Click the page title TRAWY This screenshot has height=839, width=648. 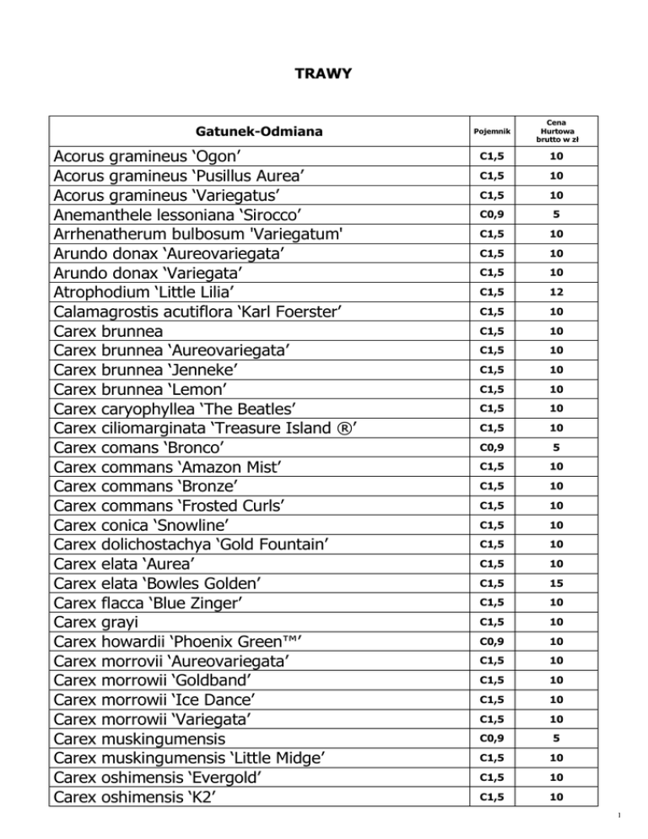(323, 75)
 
